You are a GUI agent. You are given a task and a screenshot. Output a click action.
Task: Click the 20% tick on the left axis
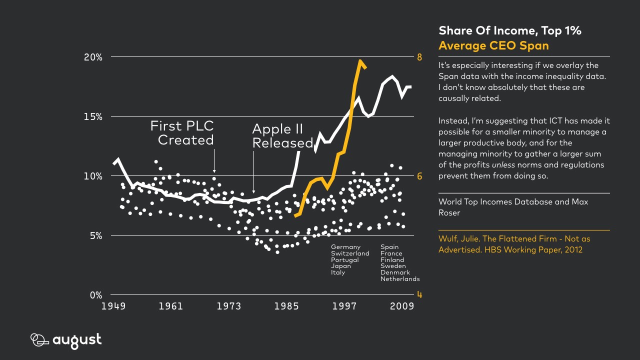pos(92,57)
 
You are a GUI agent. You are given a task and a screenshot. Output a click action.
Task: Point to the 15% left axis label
pos(92,116)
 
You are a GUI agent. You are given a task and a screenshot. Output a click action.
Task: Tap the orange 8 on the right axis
pos(419,57)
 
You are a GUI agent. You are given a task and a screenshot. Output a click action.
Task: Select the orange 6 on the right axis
pos(419,176)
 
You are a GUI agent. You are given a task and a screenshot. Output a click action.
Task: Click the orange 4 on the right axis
pos(419,294)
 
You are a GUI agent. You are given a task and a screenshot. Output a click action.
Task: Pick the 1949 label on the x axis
pos(113,306)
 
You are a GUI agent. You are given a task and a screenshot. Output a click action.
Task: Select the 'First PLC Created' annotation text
pos(182,133)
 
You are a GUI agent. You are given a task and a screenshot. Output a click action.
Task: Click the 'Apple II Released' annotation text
pos(281,136)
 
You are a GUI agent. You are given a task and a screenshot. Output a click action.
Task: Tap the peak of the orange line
pos(359,61)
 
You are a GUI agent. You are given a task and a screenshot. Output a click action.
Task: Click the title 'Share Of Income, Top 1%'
pos(509,30)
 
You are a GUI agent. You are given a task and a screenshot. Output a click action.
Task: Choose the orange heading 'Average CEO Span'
pos(493,45)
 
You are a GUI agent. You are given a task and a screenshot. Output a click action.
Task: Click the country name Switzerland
pos(350,253)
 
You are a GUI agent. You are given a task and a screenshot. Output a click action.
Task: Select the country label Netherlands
pos(399,279)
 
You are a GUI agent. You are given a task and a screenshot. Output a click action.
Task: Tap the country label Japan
pos(340,266)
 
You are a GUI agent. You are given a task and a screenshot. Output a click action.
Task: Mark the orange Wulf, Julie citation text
pos(514,244)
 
